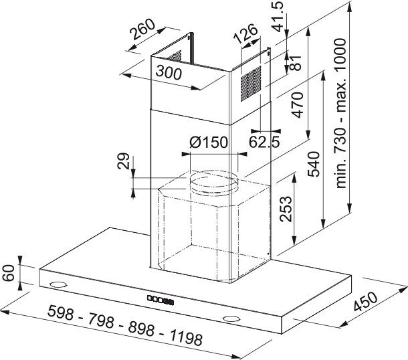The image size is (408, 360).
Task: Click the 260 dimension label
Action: [142, 29]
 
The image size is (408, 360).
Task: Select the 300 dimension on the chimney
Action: [169, 72]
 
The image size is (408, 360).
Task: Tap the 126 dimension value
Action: [245, 34]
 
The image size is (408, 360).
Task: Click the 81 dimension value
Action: [296, 62]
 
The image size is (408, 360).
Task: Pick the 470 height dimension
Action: [298, 104]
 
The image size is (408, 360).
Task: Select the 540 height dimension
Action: [314, 164]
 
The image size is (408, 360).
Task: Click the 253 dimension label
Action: [286, 209]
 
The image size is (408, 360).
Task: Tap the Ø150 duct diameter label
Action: [209, 143]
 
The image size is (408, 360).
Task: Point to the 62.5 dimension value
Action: [264, 142]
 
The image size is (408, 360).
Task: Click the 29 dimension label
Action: [123, 161]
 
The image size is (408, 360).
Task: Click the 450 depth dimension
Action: [365, 302]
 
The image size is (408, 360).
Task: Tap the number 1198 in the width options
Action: [186, 337]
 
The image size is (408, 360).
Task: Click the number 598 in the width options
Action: [61, 312]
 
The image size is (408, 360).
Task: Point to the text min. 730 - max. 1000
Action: [341, 113]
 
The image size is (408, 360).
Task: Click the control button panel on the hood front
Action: [161, 300]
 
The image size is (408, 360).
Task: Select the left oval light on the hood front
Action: [58, 284]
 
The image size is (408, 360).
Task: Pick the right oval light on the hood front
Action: [231, 319]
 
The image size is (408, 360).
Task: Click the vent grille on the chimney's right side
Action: [251, 84]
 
